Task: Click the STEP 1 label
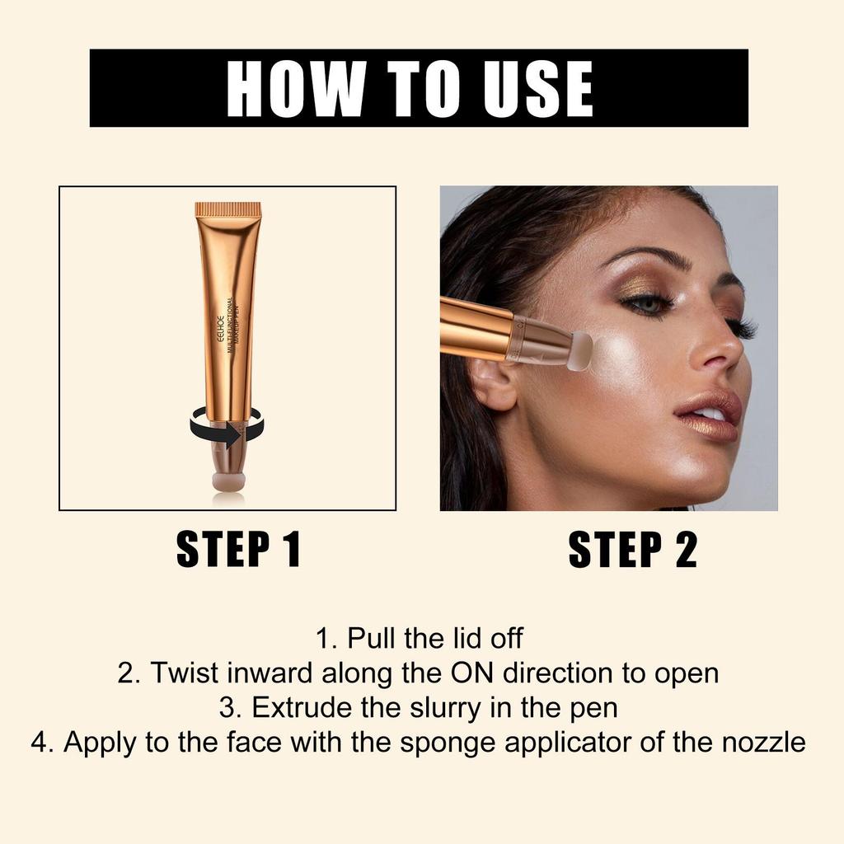[x=238, y=551]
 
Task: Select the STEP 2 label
[x=632, y=551]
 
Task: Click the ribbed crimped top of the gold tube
[x=228, y=210]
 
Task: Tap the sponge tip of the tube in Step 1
[x=228, y=481]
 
